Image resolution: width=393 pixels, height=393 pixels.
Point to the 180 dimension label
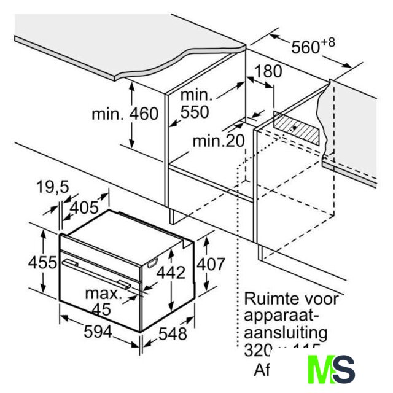point(268,71)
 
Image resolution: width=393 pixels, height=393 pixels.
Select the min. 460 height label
point(125,114)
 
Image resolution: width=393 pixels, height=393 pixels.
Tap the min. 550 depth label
point(195,104)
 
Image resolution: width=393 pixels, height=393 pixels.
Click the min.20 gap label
point(218,141)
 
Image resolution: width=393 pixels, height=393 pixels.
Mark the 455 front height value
point(43,262)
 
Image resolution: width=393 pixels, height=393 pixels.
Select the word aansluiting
point(286,334)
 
